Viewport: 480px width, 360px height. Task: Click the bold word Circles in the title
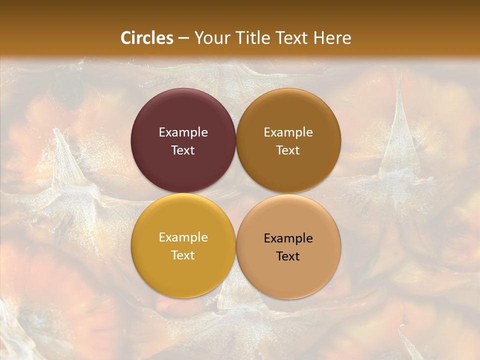tap(147, 38)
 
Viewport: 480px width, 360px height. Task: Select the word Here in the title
tap(332, 38)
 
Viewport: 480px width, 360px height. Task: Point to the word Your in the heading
tap(211, 38)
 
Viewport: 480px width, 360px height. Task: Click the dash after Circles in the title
tap(183, 38)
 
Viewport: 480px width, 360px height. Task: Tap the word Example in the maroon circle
tap(183, 132)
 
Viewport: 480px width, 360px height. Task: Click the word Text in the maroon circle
tap(183, 150)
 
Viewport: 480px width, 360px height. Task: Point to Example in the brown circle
tap(288, 132)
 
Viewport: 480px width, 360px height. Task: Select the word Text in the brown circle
tap(288, 150)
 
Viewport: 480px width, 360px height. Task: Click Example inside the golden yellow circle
tap(183, 237)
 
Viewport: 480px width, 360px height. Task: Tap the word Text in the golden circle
tap(183, 255)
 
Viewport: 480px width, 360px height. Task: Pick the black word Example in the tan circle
tap(288, 238)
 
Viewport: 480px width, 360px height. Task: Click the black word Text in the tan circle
tap(288, 256)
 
